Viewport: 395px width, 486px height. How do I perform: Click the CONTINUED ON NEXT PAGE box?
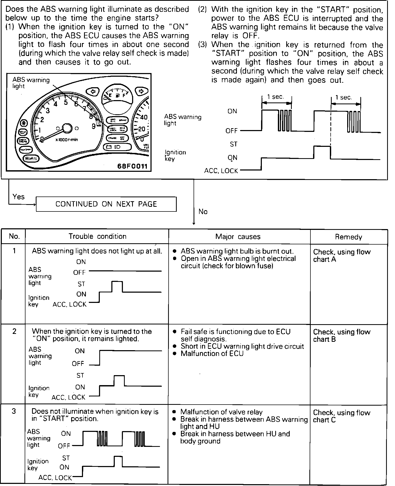106,204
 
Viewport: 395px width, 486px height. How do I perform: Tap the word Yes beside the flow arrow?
18,197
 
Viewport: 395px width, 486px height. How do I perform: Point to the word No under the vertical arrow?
203,211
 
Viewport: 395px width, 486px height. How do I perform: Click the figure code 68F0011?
132,166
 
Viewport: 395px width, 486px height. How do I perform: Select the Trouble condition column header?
97,236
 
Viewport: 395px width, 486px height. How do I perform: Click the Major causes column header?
238,237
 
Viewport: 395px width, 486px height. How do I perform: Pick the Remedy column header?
349,237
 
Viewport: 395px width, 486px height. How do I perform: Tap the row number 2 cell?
14,331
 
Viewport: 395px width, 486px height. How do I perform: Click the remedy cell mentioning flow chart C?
341,416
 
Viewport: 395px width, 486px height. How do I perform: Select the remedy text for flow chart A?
342,256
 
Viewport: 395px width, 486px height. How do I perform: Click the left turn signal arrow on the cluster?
93,92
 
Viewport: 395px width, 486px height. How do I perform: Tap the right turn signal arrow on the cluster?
141,91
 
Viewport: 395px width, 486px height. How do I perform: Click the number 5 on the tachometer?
66,102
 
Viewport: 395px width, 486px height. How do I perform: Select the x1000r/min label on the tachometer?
67,140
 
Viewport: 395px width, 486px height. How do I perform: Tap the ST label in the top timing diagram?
233,144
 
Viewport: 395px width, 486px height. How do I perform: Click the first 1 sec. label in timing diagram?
276,97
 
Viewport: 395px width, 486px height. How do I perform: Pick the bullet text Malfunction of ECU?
212,354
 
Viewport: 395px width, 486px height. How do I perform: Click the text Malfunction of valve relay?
221,412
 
